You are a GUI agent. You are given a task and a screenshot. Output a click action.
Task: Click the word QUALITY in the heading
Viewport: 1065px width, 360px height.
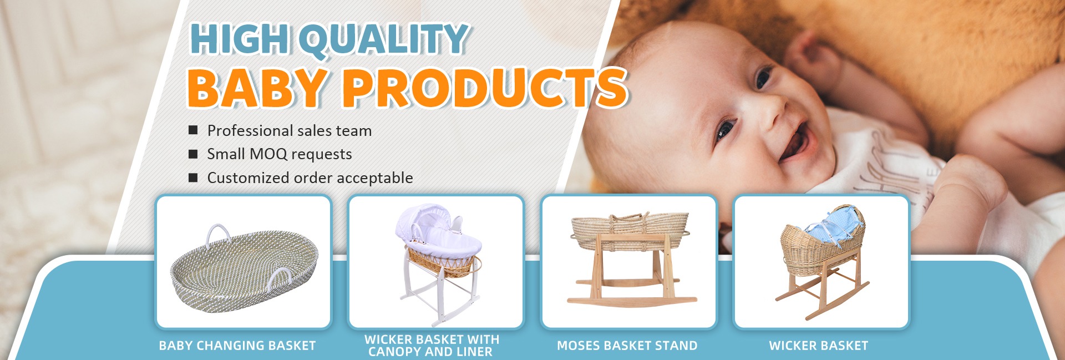(385, 39)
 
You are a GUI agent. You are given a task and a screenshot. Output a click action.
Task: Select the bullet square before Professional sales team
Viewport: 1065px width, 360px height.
(193, 130)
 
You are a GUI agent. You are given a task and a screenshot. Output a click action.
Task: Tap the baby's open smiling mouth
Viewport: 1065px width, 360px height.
(794, 141)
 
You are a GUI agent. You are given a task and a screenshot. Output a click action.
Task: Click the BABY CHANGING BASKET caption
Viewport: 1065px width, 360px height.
(237, 346)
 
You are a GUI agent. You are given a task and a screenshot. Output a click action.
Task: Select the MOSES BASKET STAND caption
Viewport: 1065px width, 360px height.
(627, 346)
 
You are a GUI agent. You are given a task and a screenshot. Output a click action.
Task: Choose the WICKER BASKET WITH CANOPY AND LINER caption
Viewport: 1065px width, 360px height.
(432, 346)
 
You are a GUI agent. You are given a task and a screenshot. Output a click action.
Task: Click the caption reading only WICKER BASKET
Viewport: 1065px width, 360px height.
(819, 346)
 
